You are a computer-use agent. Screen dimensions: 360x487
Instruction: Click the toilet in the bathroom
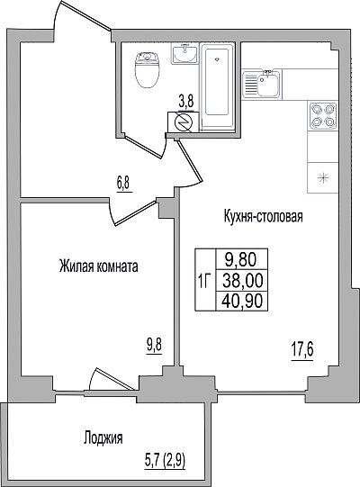pos(148,70)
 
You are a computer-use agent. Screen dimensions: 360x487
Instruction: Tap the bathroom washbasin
pos(184,54)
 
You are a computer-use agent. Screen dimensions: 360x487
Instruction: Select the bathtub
pos(218,86)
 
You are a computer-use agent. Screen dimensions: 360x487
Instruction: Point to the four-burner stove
pos(323,115)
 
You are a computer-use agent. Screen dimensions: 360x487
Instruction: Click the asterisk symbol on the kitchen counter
pos(322,178)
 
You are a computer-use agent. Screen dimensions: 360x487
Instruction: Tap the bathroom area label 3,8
pos(186,102)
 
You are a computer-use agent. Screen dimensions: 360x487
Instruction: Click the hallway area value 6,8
pos(124,185)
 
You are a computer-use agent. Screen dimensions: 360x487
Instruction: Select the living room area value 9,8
pos(155,345)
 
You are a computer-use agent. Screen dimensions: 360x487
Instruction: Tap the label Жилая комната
pos(98,266)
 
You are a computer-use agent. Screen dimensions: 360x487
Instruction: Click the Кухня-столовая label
pos(264,216)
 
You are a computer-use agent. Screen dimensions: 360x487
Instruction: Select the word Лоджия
pos(103,438)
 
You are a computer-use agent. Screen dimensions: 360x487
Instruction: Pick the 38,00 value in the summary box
pos(243,281)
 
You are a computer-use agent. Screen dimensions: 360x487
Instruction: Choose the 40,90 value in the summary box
pos(243,301)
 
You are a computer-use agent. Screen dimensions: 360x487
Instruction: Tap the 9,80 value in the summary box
pos(240,260)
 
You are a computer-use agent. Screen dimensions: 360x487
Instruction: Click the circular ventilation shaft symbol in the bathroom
pos(183,122)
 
